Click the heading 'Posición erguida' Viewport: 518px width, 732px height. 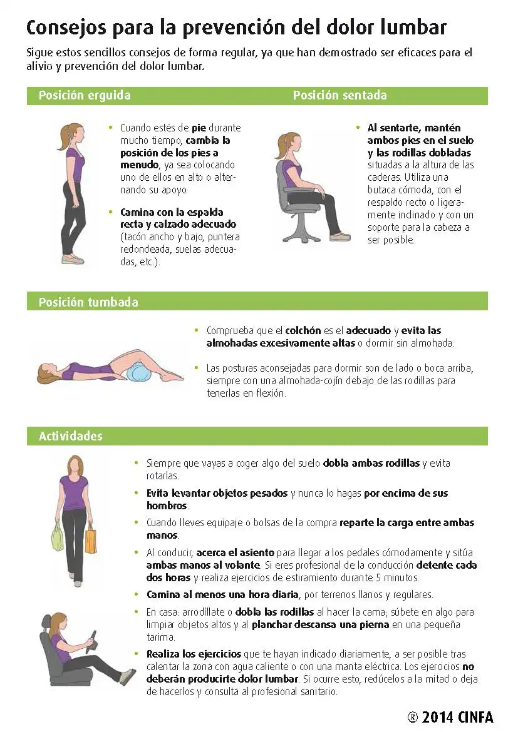tap(85, 95)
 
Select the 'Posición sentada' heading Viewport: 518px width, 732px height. tap(340, 95)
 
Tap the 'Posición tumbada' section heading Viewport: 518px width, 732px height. tap(88, 302)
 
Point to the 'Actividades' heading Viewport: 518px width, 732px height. tap(71, 436)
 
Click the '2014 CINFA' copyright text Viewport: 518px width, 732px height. tap(457, 717)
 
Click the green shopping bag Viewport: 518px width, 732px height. tap(58, 536)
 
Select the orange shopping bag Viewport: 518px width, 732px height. tap(91, 539)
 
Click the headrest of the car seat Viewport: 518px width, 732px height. tap(46, 623)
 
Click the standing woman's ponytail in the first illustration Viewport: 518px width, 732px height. tap(67, 135)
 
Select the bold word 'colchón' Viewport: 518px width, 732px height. tap(303, 330)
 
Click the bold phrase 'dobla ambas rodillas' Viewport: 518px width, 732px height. tap(371, 463)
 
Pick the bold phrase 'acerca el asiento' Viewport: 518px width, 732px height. tap(235, 552)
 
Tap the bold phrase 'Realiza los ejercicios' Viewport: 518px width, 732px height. tap(194, 654)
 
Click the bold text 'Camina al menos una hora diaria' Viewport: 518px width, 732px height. tap(222, 595)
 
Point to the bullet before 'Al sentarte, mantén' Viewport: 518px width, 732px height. tap(358, 128)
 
